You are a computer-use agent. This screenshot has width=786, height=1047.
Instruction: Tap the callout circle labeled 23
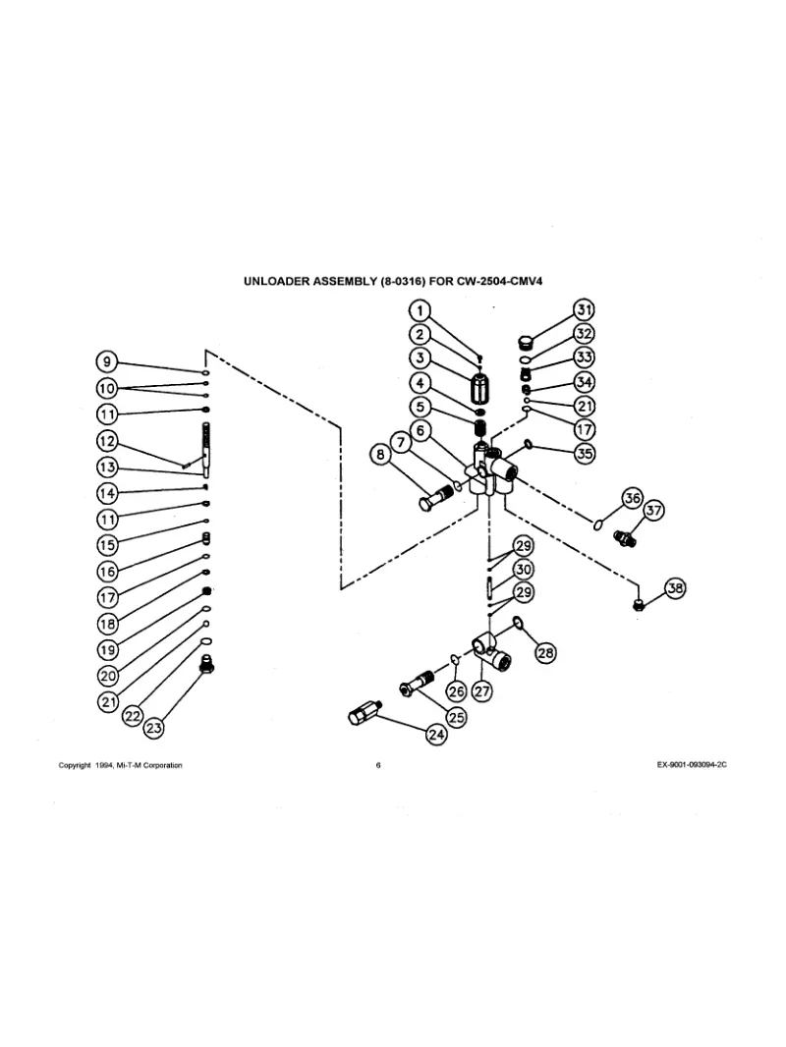(153, 728)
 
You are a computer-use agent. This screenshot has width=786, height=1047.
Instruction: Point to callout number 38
(675, 588)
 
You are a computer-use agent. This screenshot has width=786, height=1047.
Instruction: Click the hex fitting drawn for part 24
(364, 712)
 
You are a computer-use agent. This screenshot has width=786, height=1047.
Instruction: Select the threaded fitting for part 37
(623, 537)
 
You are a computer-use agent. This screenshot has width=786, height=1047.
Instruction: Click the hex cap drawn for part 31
(526, 343)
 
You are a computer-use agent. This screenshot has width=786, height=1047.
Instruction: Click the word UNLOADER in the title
(277, 281)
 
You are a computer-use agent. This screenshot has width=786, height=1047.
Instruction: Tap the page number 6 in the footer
(378, 766)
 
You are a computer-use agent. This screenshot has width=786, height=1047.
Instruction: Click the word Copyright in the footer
(77, 766)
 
